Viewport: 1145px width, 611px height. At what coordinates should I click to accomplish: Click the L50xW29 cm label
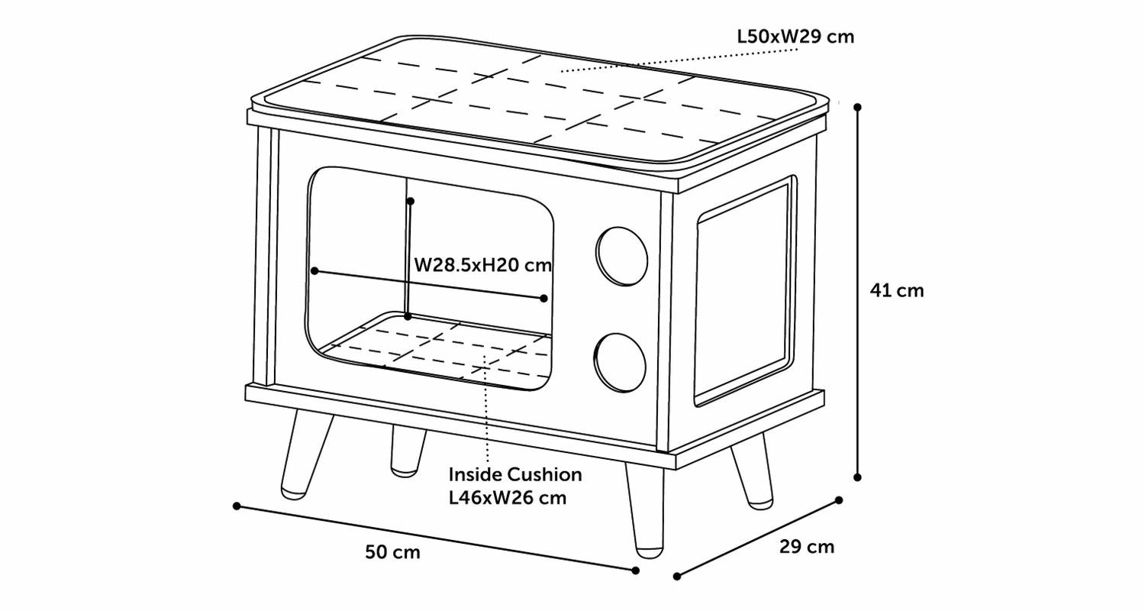point(795,36)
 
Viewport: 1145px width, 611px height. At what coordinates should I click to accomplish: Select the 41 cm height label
point(897,291)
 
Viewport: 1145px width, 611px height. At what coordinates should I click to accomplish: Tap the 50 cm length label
point(392,552)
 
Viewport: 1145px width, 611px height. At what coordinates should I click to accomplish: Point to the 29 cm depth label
point(807,547)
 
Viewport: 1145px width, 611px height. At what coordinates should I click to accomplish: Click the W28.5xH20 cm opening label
point(482,266)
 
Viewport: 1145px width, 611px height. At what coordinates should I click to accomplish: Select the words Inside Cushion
point(515,475)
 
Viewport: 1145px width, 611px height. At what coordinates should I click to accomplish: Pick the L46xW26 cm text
point(508,498)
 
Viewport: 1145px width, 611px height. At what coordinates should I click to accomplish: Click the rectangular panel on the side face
point(742,291)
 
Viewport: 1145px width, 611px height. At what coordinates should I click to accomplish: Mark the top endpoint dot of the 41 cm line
point(858,108)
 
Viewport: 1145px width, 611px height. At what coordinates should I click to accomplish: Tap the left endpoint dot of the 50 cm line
point(237,506)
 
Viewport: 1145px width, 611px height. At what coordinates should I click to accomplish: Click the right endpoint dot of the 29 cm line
point(839,500)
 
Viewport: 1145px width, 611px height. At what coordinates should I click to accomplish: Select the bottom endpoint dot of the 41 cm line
point(858,477)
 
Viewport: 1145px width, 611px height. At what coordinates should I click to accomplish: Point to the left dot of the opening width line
point(314,270)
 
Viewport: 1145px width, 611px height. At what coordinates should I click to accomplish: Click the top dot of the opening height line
point(410,201)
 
